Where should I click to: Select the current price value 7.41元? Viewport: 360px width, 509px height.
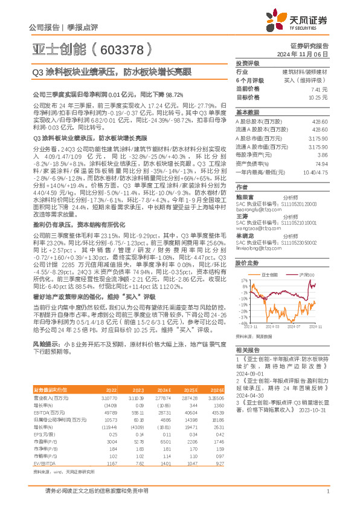point(320,89)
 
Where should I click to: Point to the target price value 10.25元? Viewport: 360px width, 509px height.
point(319,97)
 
